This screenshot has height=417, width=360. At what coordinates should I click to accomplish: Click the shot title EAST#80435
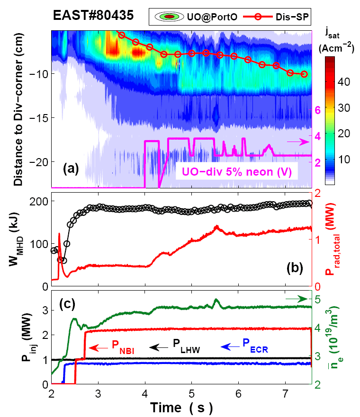pyautogui.click(x=93, y=15)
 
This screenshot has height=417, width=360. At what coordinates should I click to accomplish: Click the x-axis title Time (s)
pyautogui.click(x=181, y=407)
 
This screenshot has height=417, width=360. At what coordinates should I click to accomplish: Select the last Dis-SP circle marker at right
pyautogui.click(x=304, y=74)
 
